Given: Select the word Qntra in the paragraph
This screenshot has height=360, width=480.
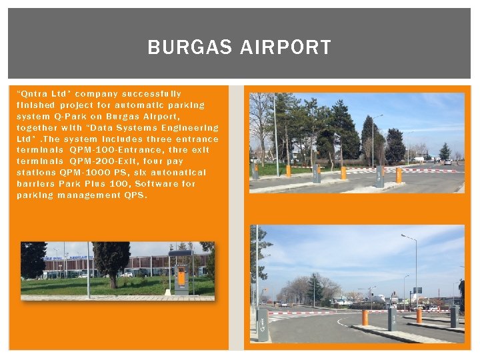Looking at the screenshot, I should coord(30,94).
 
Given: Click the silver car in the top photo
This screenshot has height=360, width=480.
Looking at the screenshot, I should coord(447,162).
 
